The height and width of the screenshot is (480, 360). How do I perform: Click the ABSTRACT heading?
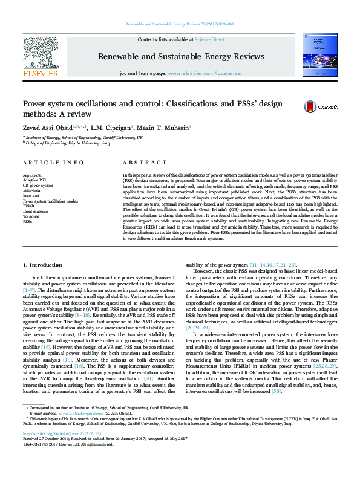pos(141,163)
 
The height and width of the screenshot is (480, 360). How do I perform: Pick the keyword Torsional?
pos(31,216)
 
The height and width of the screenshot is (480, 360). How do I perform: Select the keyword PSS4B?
pos(29,206)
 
